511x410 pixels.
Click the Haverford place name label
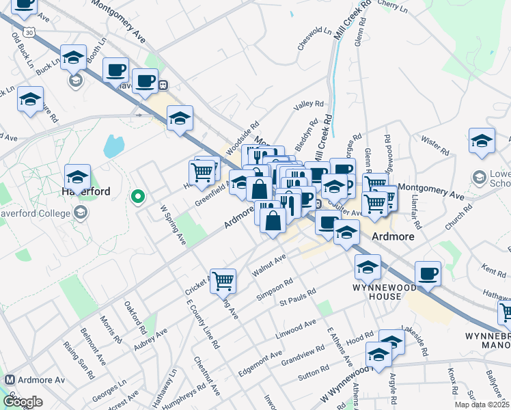(86, 192)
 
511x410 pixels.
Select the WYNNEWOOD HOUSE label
(378, 292)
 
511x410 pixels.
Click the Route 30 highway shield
(27, 32)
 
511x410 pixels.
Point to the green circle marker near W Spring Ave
(138, 198)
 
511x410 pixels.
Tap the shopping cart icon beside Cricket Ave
(223, 281)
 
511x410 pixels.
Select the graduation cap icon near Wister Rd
(482, 141)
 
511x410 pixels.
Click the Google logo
(23, 402)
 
